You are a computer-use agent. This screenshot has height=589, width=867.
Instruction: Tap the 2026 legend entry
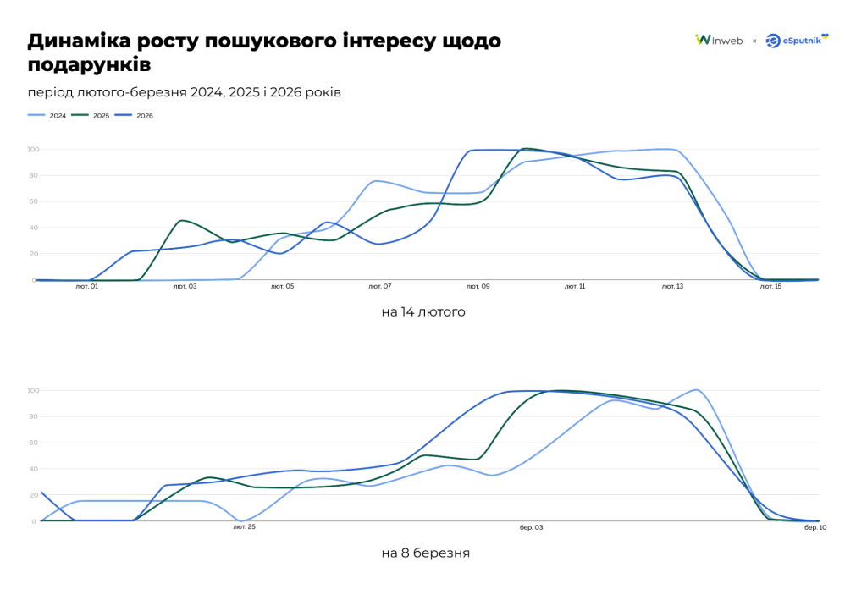(135, 115)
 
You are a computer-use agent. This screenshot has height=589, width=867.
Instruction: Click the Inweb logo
(719, 40)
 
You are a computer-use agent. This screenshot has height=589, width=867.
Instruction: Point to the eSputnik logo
(797, 40)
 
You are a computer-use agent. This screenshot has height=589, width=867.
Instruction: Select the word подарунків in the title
(90, 65)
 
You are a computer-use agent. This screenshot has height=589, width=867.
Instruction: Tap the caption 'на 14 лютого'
(423, 312)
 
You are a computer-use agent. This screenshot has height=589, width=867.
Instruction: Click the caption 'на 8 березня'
(425, 553)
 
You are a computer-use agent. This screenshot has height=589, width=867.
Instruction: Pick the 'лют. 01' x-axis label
(87, 287)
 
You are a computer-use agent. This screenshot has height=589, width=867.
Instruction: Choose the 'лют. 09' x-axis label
(478, 287)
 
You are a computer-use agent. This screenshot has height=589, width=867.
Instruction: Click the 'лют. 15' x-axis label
(770, 287)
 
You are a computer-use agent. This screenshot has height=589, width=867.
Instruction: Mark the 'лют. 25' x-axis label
(245, 527)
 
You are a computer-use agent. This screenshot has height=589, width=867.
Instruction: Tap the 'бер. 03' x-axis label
(532, 527)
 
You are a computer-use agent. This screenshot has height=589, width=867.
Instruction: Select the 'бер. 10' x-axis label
(815, 527)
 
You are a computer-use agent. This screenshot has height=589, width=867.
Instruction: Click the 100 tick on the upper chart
(32, 150)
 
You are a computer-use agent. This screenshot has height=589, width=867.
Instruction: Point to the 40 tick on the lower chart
(33, 469)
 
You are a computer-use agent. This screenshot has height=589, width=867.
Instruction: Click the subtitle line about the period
(185, 92)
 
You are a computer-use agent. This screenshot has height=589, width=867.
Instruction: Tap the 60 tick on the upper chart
(33, 201)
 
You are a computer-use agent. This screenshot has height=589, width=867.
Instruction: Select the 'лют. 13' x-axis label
(673, 287)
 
